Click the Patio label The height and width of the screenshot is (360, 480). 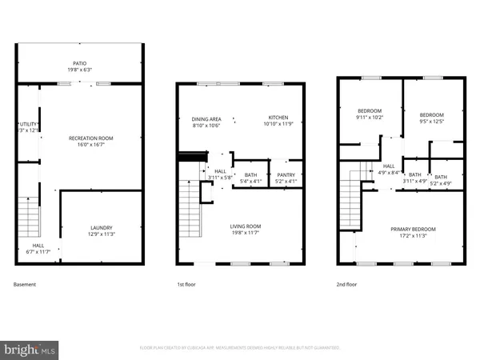click(78, 65)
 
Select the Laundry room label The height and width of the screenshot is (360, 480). click(101, 231)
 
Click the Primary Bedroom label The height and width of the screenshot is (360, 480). click(411, 231)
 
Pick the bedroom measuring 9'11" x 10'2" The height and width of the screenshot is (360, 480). click(369, 114)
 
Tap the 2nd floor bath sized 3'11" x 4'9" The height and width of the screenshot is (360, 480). click(414, 178)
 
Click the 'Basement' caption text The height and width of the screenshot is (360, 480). click(25, 284)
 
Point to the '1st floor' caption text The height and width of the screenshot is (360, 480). click(186, 284)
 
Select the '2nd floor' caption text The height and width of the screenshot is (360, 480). click(347, 284)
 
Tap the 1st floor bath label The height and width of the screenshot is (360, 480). click(250, 178)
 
